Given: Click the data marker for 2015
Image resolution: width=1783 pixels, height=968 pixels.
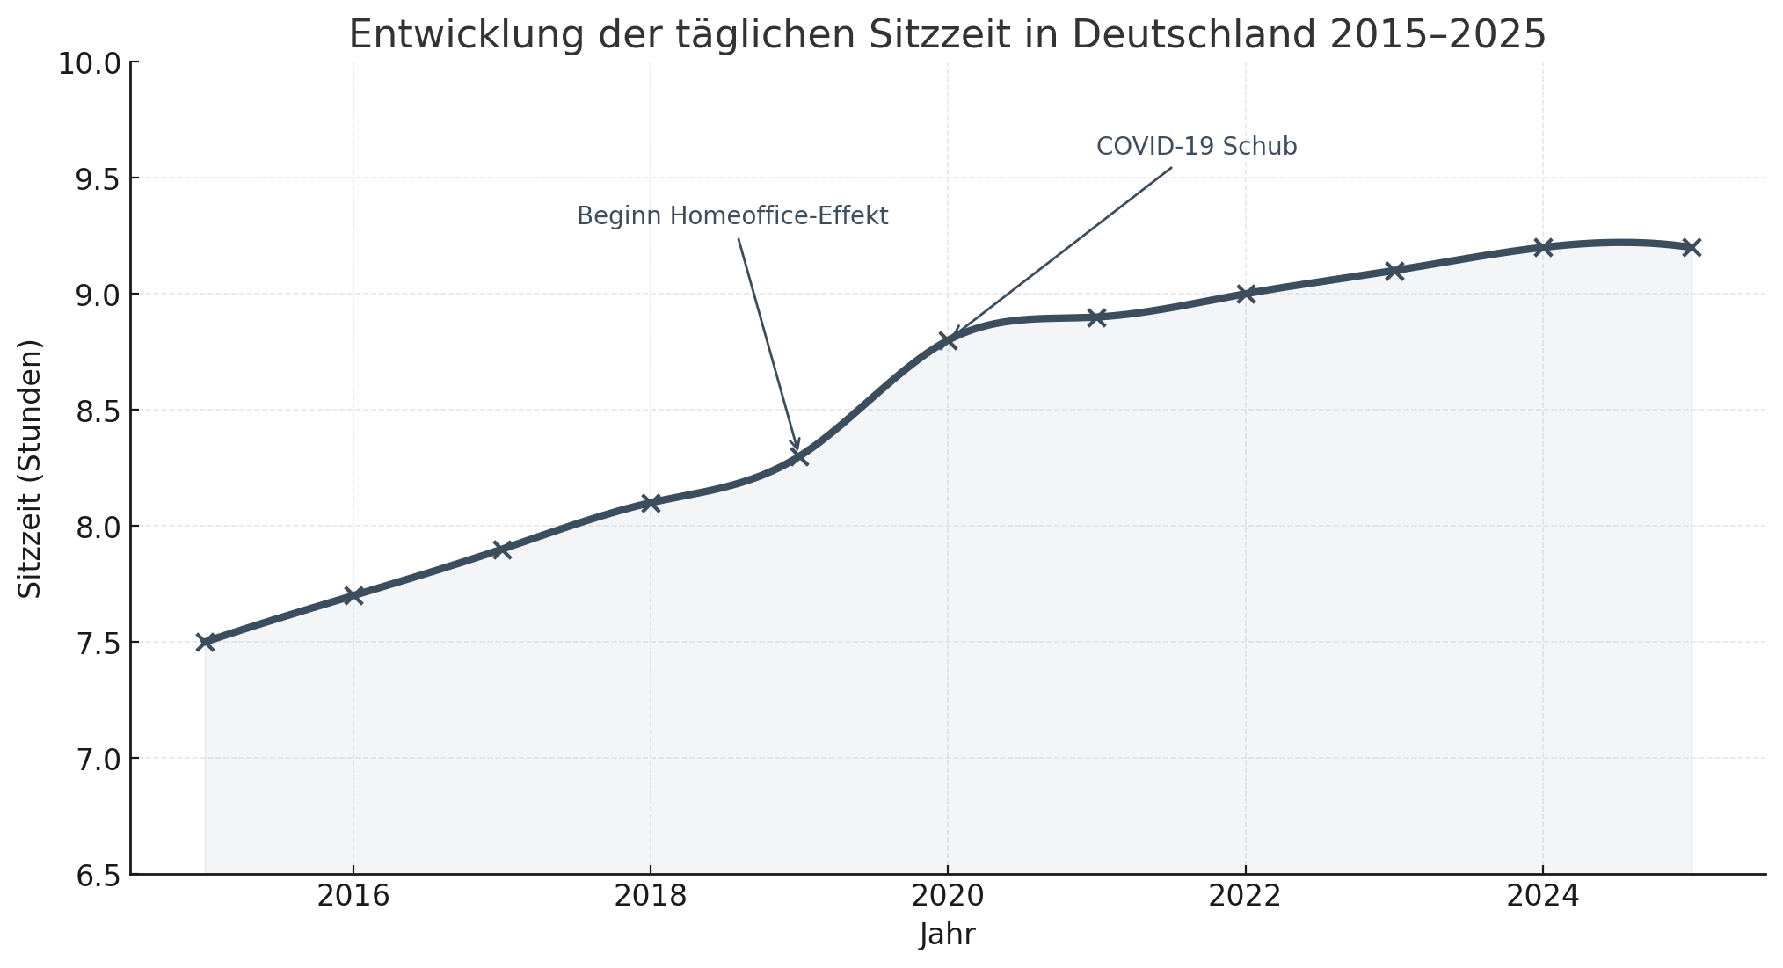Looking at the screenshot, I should (x=205, y=642).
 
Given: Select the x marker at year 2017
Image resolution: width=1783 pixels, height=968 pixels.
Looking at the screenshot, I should (x=502, y=550).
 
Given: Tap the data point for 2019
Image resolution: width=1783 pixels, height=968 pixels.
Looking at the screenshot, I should (x=799, y=456).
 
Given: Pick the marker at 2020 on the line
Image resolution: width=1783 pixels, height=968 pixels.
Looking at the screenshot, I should (x=948, y=340).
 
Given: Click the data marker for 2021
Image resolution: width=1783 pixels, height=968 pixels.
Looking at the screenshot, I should (x=1096, y=317).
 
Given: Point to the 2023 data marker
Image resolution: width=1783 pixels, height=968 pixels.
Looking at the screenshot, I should (x=1394, y=271).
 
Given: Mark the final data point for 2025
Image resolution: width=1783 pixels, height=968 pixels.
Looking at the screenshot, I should (x=1691, y=247).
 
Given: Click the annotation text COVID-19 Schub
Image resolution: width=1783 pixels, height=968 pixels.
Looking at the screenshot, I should (x=1196, y=147).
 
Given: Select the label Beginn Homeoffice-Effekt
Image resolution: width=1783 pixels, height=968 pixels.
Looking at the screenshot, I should (x=732, y=216).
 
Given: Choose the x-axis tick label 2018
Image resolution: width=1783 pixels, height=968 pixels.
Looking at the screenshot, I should (x=650, y=897).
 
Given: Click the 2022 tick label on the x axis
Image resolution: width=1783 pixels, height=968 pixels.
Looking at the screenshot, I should (x=1244, y=897).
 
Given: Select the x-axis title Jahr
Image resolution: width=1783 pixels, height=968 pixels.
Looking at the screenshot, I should (x=947, y=935).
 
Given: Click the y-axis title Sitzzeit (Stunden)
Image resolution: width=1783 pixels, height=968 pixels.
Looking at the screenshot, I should (x=31, y=469).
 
